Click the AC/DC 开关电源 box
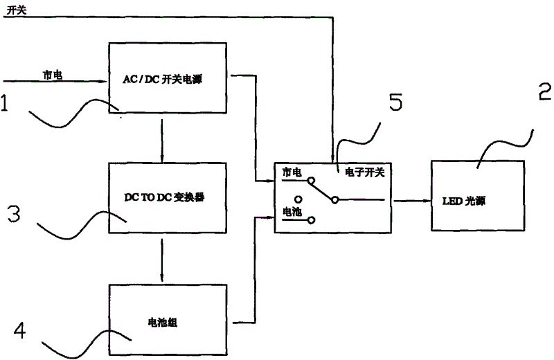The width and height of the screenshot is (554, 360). coord(168,77)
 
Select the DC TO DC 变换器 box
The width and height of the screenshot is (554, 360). coord(168,197)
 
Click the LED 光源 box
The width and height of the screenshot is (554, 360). coord(477,197)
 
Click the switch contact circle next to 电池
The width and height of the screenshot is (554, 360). coord(311,220)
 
